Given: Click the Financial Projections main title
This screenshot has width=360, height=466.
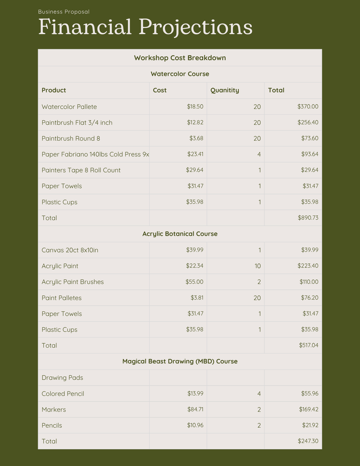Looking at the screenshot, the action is [145, 27].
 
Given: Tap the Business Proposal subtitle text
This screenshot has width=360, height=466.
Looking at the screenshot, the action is [64, 12].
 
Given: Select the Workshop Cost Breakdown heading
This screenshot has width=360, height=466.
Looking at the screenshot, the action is [180, 58].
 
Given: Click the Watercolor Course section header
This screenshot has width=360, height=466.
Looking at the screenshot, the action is [180, 74].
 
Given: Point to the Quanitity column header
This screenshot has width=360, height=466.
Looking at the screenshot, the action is [224, 90].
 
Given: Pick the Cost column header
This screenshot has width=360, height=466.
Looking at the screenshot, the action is [159, 90].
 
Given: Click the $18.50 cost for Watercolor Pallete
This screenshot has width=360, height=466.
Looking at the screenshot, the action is [195, 107].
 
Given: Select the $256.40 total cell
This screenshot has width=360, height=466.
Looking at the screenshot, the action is [308, 122].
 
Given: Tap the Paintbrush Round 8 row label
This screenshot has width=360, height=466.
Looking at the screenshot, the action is [71, 139].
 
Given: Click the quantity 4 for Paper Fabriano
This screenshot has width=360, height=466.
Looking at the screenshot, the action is [259, 154].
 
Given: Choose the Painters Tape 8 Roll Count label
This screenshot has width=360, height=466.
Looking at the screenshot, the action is [81, 170].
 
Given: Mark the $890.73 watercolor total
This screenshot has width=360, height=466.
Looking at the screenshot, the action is [308, 218].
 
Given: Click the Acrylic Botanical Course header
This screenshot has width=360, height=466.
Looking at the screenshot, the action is [180, 234].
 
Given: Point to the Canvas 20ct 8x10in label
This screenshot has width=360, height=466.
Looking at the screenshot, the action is [70, 250].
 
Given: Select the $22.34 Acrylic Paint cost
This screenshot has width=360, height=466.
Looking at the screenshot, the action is [194, 266].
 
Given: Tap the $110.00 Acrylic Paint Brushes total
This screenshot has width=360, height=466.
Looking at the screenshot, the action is [309, 282].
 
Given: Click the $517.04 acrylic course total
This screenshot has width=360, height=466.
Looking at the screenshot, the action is [309, 345].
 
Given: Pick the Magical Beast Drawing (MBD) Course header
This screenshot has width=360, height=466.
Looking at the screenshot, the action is [180, 361].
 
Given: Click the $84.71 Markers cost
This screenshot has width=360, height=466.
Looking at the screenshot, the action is [194, 409].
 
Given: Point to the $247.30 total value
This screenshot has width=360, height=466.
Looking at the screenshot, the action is [308, 441].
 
